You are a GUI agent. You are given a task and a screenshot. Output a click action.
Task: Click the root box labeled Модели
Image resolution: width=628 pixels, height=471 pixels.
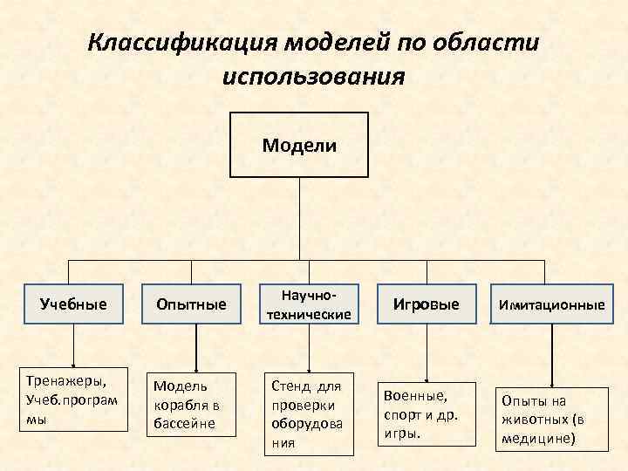(x=299, y=145)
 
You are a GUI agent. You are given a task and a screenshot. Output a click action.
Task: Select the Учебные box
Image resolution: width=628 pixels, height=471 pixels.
(x=73, y=304)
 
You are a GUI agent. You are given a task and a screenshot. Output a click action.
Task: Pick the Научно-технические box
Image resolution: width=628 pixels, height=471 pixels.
(x=309, y=304)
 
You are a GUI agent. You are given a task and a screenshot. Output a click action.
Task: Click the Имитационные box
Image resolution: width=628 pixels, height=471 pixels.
(x=551, y=304)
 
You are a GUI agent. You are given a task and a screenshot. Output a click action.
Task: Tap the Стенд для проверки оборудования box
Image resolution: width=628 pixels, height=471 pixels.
(x=309, y=413)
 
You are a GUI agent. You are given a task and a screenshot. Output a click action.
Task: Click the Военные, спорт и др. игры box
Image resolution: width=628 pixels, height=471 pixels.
(x=426, y=413)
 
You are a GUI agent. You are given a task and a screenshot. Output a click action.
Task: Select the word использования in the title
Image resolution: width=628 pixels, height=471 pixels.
(x=313, y=77)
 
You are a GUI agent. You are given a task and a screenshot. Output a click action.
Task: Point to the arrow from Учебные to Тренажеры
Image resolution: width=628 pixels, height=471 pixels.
(x=73, y=346)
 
